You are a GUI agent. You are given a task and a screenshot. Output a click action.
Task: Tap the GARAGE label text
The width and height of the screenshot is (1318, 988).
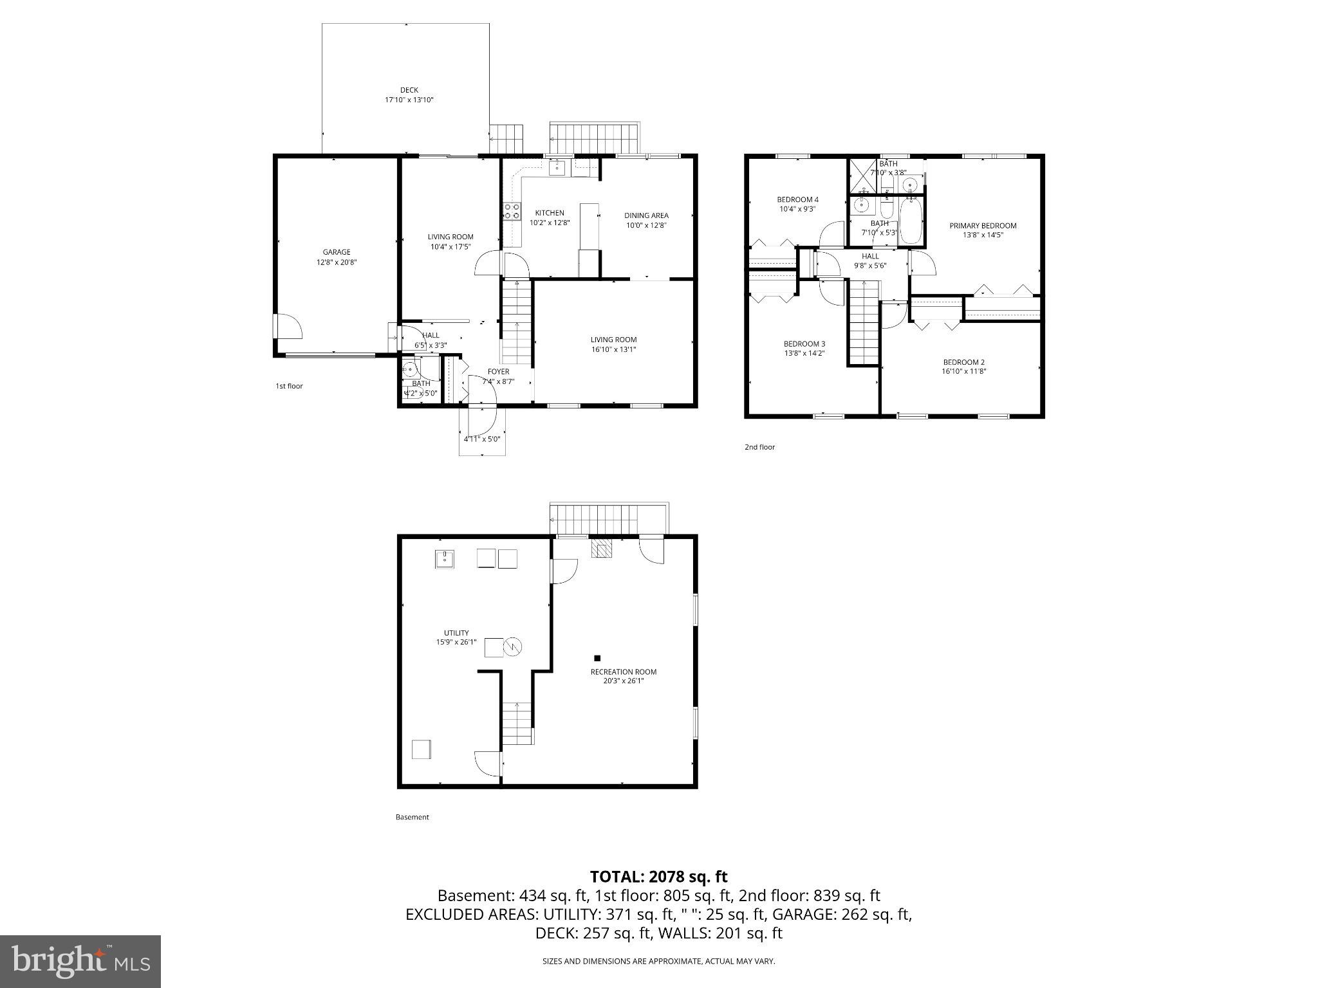[337, 252]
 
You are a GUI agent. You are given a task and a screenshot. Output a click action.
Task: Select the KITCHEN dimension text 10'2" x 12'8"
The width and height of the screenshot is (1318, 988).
[550, 223]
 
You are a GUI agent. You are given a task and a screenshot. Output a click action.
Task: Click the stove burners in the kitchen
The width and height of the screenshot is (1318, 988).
[512, 211]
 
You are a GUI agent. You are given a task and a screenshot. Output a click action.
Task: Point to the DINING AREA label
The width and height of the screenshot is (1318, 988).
[646, 215]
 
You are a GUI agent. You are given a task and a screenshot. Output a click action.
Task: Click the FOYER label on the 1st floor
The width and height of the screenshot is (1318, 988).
[498, 372]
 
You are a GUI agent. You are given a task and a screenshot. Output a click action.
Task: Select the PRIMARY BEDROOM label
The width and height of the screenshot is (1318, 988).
[983, 226]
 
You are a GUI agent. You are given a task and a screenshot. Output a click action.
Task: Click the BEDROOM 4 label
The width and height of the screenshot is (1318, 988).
[797, 199]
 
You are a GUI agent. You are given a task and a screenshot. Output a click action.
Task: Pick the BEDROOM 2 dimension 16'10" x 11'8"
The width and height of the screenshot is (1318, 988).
[963, 371]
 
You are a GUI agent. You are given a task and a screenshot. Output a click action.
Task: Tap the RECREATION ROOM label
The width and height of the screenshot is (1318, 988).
[623, 672]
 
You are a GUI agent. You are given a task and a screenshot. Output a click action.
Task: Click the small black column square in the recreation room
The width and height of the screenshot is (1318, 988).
[597, 658]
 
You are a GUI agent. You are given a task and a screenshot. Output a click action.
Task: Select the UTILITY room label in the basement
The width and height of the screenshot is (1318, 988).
[456, 633]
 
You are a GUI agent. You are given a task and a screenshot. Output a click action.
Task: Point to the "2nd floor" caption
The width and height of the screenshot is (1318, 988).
[759, 447]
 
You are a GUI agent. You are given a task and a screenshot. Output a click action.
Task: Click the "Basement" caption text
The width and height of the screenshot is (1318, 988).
[412, 817]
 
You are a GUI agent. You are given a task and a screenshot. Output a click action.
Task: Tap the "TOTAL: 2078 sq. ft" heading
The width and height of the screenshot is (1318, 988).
[658, 876]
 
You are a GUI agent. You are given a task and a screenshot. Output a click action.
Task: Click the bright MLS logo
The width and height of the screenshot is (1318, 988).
[80, 961]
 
